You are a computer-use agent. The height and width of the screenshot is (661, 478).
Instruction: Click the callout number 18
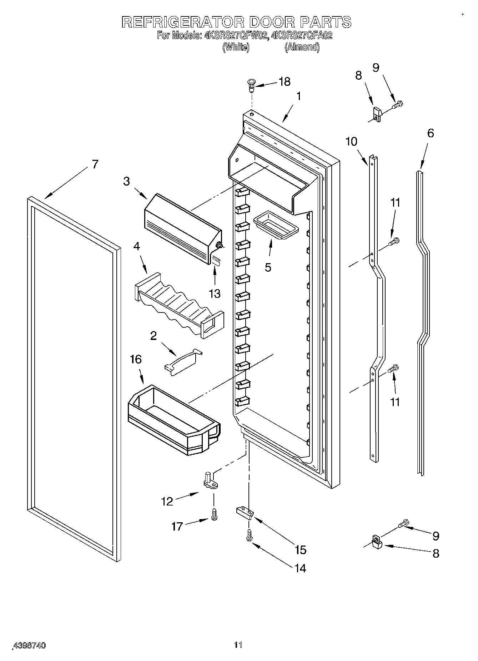click(x=284, y=82)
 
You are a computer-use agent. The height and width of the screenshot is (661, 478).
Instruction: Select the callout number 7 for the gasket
click(x=95, y=164)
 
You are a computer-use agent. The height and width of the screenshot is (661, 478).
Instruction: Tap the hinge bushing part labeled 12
click(x=210, y=480)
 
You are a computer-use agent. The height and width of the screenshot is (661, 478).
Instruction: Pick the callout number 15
click(x=301, y=549)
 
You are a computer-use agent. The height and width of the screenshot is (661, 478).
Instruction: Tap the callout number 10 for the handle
click(x=351, y=142)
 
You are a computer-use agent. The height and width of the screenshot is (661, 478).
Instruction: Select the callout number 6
click(x=431, y=133)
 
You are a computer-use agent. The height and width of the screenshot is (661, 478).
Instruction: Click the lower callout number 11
click(x=395, y=402)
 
